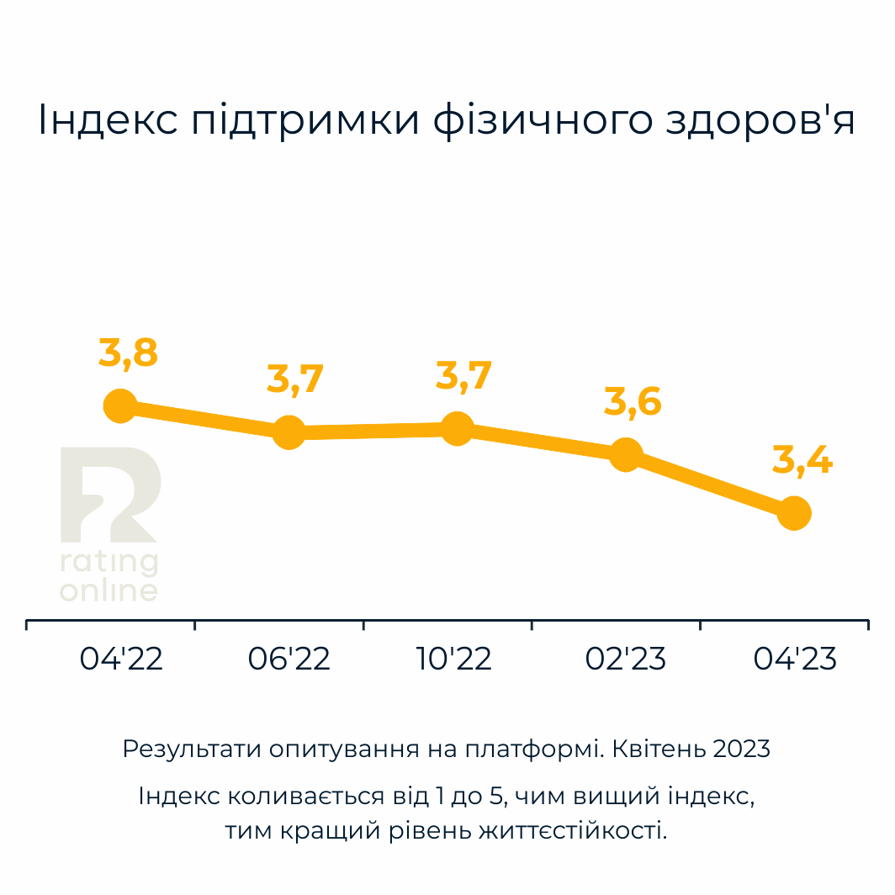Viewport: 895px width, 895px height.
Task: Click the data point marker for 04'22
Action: [x=120, y=406]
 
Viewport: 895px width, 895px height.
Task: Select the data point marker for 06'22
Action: [x=289, y=432]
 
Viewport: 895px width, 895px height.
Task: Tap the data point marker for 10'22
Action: [x=457, y=429]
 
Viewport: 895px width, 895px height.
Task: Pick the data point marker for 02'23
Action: [x=625, y=455]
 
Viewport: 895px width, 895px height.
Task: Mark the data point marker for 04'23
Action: [x=793, y=512]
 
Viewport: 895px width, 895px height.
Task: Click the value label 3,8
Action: [x=128, y=354]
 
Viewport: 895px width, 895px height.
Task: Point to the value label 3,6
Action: [x=633, y=403]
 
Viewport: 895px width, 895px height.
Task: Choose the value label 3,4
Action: [x=802, y=461]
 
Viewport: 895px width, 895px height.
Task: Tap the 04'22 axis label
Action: [x=121, y=659]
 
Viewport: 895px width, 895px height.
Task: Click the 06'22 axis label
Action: [x=289, y=659]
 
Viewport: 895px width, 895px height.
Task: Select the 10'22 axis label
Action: [x=454, y=659]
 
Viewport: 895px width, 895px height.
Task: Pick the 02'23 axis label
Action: [x=626, y=659]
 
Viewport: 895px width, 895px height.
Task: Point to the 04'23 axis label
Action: [x=795, y=659]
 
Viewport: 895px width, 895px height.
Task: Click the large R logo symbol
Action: [x=109, y=495]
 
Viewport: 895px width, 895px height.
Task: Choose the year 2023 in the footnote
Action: [x=740, y=749]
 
